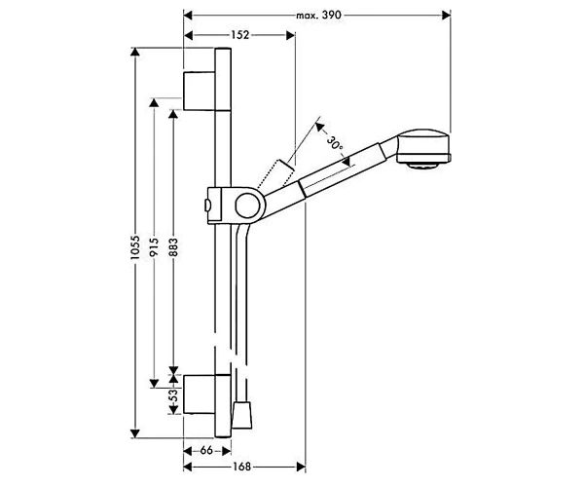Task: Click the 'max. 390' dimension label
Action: [318, 16]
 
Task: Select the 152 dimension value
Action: [239, 35]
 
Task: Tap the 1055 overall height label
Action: [135, 247]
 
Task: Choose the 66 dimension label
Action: [206, 451]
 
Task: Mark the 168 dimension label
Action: [241, 467]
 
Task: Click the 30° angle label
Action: [335, 144]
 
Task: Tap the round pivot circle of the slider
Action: [247, 206]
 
